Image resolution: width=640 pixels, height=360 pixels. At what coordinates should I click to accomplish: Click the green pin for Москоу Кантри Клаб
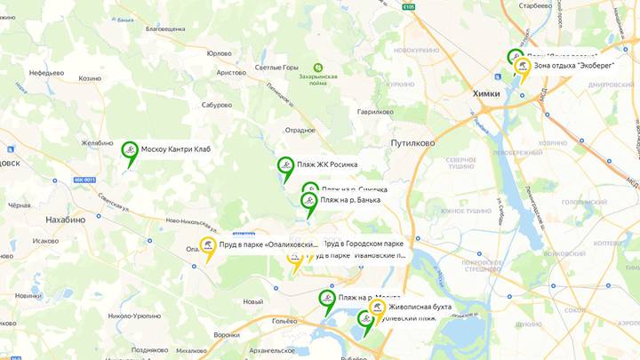coord(130,150)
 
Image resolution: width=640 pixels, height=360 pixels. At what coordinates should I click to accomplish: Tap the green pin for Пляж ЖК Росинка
coord(285,165)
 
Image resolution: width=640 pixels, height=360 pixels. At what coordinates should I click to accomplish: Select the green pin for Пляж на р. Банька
coord(309,202)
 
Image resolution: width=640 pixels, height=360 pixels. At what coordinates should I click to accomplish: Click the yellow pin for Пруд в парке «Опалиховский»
coord(208,246)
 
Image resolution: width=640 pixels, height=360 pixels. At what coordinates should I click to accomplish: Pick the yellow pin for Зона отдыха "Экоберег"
coord(524,67)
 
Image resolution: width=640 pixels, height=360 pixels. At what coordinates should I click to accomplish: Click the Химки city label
coord(486,93)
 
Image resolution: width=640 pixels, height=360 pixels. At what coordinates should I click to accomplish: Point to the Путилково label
coord(412,142)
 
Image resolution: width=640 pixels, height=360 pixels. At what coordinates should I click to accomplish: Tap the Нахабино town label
coord(65,219)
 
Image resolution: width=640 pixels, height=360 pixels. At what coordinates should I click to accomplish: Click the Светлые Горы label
coord(276,68)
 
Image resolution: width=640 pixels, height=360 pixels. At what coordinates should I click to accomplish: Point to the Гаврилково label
coord(375,112)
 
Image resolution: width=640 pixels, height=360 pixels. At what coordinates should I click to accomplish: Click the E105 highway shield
coord(408,6)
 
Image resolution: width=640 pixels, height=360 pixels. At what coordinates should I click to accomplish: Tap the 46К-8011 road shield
coord(84,180)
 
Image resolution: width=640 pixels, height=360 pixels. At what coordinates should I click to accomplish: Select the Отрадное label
coord(300,130)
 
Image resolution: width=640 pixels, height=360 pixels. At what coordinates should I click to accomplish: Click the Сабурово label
coord(217,104)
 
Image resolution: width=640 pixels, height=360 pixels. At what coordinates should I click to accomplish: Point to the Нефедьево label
coord(46,72)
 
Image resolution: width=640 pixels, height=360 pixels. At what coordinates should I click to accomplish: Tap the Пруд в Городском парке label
coord(364,243)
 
